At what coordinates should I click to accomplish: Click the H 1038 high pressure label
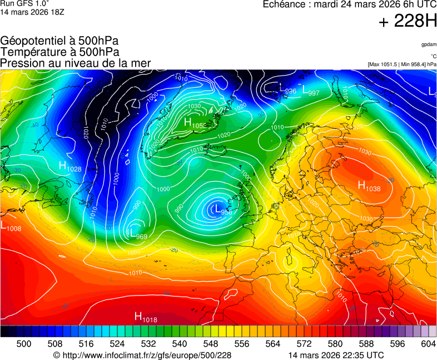point(369,187)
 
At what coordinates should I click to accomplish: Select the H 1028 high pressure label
point(70,166)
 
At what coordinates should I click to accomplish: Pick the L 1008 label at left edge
point(11,227)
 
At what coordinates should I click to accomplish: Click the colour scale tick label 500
point(24,344)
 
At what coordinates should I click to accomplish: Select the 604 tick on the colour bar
point(428,344)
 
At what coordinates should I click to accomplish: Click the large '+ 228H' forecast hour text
point(408,22)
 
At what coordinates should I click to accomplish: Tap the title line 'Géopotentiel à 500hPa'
point(59,41)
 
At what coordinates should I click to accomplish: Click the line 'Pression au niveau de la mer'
point(76,63)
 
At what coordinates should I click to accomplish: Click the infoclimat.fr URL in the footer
point(142,355)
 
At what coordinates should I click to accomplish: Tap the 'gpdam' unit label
point(429,44)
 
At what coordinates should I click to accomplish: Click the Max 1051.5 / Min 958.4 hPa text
point(402,64)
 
